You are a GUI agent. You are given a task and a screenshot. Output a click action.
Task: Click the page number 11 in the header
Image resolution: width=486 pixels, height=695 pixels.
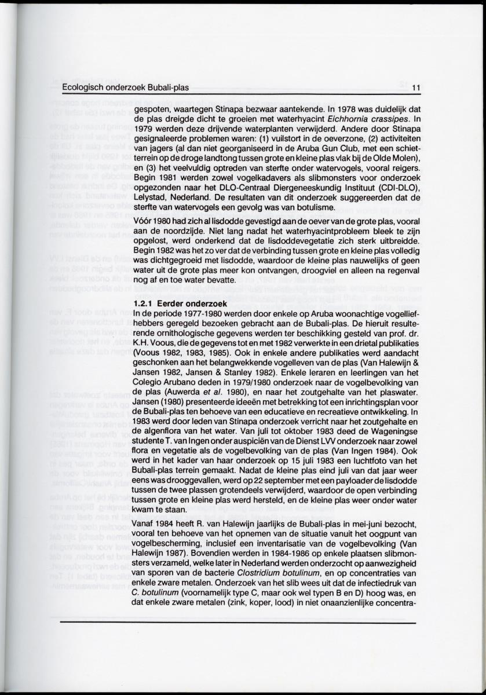(x=415, y=88)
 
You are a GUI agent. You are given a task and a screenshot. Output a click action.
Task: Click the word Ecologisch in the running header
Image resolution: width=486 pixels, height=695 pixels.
(x=82, y=88)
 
